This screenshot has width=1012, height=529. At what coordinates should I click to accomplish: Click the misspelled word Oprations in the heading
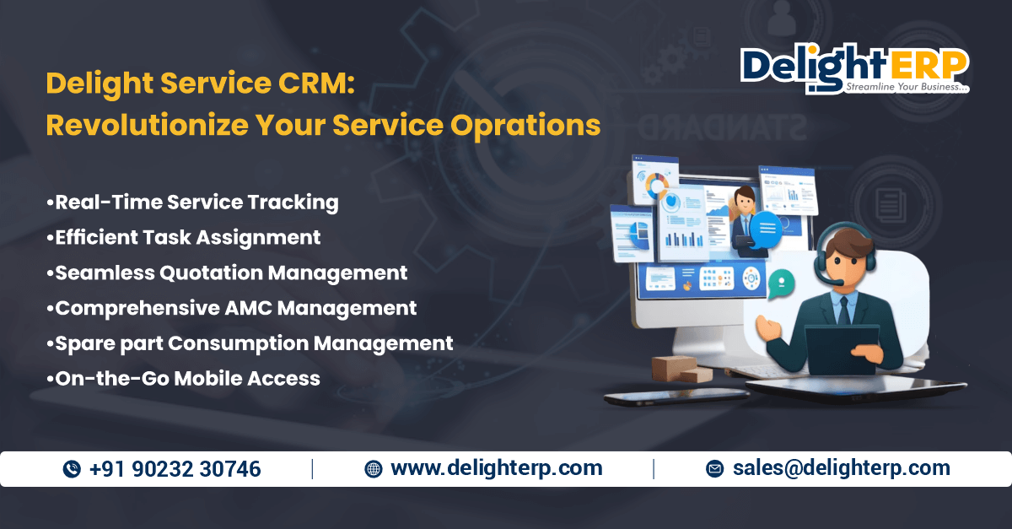point(525,125)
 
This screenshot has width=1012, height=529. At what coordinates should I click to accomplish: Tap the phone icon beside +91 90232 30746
point(72,469)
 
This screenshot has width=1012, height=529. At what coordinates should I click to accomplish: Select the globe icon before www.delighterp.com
point(373,469)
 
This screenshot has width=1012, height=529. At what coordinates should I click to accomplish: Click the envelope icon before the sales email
point(715,469)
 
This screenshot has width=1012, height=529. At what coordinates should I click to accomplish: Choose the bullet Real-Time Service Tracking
point(192,202)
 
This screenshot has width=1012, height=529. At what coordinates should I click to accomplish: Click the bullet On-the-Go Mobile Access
point(184,379)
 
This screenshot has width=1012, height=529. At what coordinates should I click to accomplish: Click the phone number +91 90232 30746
point(175,469)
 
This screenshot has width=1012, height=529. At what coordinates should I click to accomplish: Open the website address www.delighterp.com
point(497,468)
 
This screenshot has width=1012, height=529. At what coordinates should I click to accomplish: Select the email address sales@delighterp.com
point(842,468)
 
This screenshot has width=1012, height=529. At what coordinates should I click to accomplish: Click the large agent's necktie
point(844,311)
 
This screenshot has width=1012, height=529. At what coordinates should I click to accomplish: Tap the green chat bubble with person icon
point(781,283)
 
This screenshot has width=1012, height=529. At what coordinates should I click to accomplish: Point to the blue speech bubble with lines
point(767,229)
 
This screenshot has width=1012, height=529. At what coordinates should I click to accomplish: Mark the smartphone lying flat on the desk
point(676,397)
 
